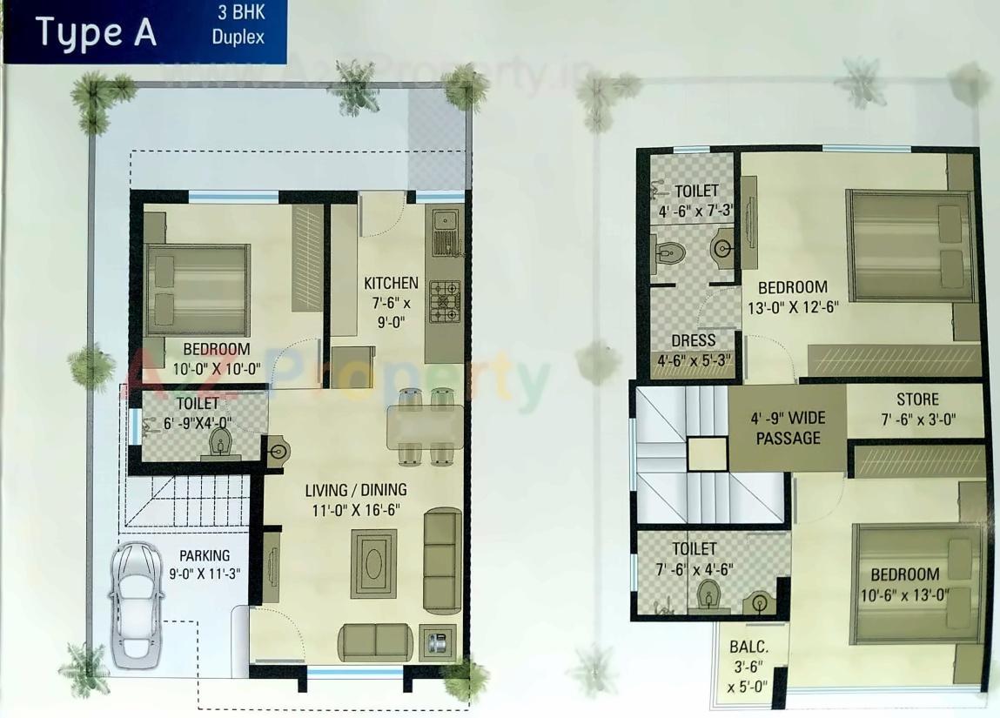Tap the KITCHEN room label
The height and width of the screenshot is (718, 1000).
[x=391, y=283]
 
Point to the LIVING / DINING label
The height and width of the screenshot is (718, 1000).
[x=356, y=490]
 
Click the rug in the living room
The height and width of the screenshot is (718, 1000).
[x=373, y=563]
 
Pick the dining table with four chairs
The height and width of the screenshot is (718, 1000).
[x=425, y=426]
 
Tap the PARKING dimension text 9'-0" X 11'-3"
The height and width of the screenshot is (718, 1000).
[x=205, y=574]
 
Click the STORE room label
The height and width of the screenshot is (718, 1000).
[x=917, y=399]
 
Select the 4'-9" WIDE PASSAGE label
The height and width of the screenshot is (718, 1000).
[x=788, y=427]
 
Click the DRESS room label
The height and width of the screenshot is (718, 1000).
[x=694, y=340]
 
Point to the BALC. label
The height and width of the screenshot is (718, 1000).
[x=748, y=648]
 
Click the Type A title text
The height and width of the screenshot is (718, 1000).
[x=96, y=32]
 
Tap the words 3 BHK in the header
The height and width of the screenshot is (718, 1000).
[x=238, y=15]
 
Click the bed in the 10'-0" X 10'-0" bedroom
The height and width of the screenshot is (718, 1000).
[x=198, y=288]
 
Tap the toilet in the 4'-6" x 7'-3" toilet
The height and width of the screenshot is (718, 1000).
[x=671, y=253]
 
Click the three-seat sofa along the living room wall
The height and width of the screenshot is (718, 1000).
[x=442, y=562]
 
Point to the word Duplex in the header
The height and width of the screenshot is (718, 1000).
[x=238, y=37]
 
